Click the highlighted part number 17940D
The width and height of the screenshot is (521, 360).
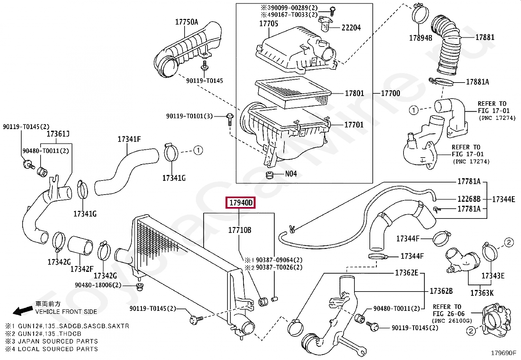pos(241,202)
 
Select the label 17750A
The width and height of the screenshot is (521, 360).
pos(187,22)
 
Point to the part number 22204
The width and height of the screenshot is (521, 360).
pos(351,28)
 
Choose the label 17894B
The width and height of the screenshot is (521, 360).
pos(421,38)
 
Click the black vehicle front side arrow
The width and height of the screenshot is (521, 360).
pos(23,311)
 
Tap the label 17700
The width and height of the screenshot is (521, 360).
pos(390,93)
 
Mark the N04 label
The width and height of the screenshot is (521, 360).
pos(291,174)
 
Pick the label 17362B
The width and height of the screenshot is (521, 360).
pos(441,291)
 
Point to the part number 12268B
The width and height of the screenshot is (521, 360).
pos(469,199)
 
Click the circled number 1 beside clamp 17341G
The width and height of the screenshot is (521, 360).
pos(198,150)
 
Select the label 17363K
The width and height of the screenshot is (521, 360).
pos(482,293)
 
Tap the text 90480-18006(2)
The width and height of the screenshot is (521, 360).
pos(98,285)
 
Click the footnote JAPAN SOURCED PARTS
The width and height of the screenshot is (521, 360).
pos(58,341)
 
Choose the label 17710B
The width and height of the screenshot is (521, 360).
pos(240,230)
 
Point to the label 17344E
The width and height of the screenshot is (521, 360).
pos(504,199)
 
